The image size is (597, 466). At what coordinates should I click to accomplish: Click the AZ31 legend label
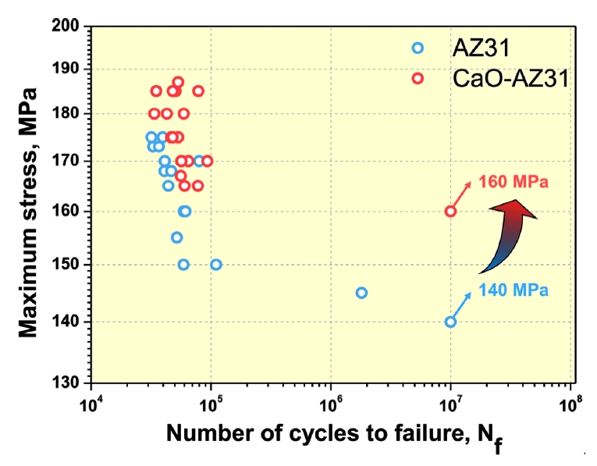coord(481,48)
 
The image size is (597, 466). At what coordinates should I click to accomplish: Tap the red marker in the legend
coord(418,78)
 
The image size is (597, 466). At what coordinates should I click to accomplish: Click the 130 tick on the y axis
coord(71,382)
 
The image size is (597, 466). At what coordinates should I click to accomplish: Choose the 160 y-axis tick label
coord(71,212)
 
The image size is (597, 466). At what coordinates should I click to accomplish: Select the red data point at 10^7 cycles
coord(450,212)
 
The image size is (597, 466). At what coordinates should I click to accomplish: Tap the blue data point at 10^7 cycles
coord(450,322)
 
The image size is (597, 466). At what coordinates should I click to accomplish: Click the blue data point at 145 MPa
coord(361,293)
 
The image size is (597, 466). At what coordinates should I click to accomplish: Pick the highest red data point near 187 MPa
coord(178,82)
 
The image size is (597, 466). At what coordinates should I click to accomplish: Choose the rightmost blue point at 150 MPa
coord(216,265)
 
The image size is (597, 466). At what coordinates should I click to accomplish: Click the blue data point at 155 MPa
coord(176,237)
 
